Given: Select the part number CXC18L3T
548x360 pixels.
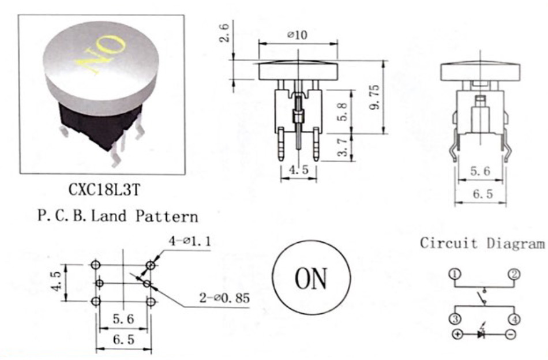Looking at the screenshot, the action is pos(104,190).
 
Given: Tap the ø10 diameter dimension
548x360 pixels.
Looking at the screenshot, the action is pos(298,35).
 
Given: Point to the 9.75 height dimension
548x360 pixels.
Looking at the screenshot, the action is pos(374,97).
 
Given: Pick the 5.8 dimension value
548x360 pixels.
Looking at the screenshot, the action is pos(343,111).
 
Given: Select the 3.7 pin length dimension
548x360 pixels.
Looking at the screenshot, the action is pos(343,147).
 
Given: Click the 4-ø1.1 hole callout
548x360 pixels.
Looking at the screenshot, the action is pos(190,241).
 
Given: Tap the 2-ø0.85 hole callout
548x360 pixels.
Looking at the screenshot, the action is pos(224,298).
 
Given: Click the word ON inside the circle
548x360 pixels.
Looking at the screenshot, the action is pos(311,279).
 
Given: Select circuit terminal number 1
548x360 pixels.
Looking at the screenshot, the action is pos(455,274).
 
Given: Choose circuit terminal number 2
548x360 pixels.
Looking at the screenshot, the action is pos(514,274).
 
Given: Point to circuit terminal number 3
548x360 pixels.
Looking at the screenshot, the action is pos(455,319).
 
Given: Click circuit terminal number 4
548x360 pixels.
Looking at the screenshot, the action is pos(515,319).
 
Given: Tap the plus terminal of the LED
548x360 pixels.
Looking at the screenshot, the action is pos(457,334).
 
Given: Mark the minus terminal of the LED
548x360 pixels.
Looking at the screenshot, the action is pos(511,334).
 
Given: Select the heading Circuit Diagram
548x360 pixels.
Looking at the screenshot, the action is pos(482,243).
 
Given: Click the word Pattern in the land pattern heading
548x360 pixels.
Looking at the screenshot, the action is pos(167,216).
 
